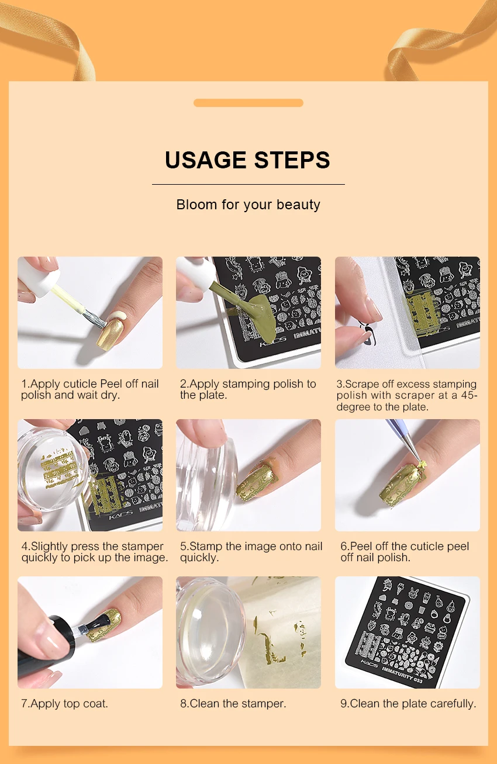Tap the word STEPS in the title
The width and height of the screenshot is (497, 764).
(x=292, y=160)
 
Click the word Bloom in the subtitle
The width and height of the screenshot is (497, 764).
(x=196, y=205)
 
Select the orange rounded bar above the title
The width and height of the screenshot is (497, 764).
(x=248, y=103)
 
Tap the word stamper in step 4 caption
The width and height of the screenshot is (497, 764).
(x=143, y=547)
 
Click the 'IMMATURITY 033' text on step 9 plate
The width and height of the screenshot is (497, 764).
(x=402, y=675)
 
